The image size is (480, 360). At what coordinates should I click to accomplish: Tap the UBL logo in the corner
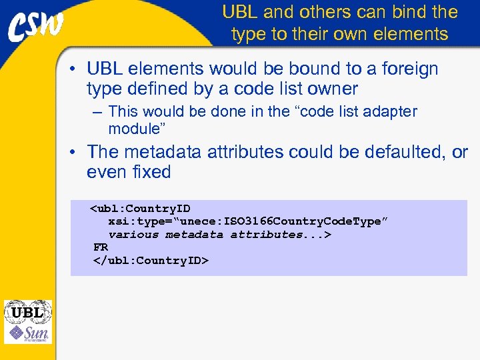pyautogui.click(x=27, y=312)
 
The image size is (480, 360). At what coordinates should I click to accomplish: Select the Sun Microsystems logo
pyautogui.click(x=27, y=333)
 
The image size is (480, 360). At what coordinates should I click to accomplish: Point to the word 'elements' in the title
pyautogui.click(x=415, y=33)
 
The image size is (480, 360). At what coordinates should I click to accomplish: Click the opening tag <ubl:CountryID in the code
pyautogui.click(x=141, y=209)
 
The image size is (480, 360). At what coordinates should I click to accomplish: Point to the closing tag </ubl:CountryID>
pyautogui.click(x=151, y=260)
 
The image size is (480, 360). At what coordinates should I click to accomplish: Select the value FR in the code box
pyautogui.click(x=101, y=247)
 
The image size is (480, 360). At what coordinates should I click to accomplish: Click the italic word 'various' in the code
pyautogui.click(x=133, y=235)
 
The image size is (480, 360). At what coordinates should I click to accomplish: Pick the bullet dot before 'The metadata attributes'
pyautogui.click(x=77, y=153)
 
